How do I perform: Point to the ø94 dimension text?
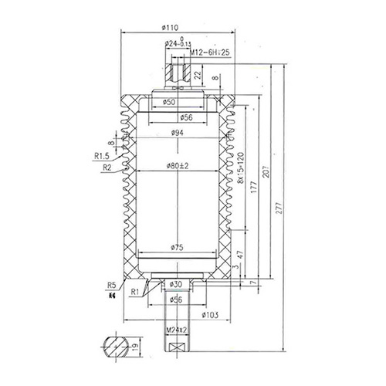point(178,134)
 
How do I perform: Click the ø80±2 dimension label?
point(178,165)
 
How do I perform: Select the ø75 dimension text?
point(178,249)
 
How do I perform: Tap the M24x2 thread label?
point(178,333)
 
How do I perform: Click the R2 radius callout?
point(107,165)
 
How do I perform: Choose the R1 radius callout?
point(134,292)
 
